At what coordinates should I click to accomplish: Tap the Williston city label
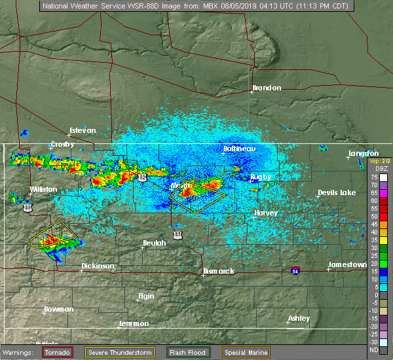point(43,190)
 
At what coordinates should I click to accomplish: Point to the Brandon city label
point(267,88)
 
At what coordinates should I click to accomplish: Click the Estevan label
point(83,130)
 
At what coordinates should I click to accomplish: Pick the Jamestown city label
point(348,264)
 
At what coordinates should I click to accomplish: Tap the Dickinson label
point(98,266)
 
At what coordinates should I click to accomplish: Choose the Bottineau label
point(239,149)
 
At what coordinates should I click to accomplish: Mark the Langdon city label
point(364,153)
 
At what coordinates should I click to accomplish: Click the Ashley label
point(299,318)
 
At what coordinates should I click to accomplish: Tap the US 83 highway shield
point(178,234)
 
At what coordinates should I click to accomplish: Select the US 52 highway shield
point(143,178)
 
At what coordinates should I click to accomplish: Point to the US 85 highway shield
point(27,207)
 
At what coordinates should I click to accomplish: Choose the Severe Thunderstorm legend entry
point(120,352)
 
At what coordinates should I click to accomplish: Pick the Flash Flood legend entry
point(188,352)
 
